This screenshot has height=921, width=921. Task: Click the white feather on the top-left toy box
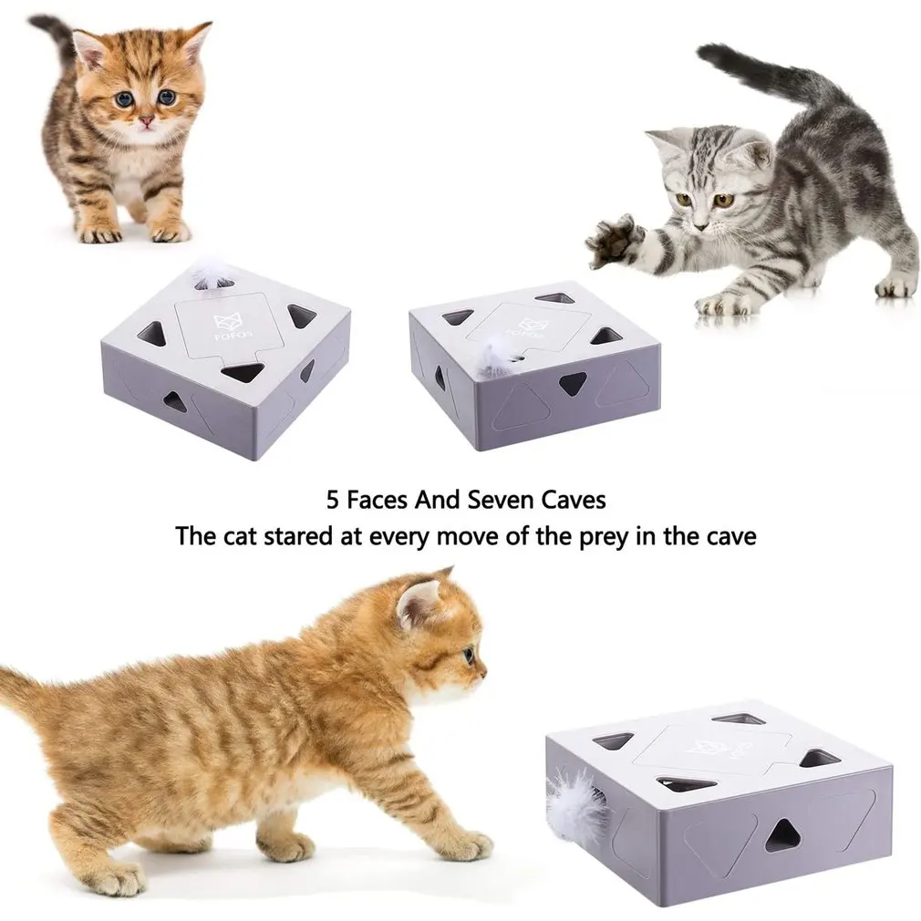(209, 272)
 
